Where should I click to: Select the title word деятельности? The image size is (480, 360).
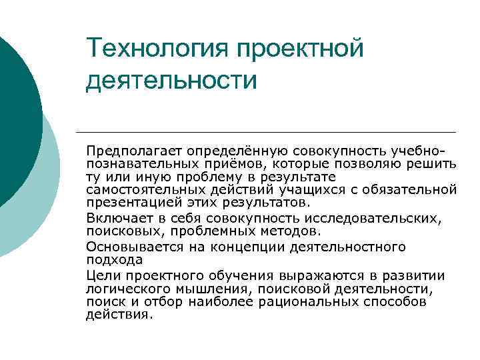point(171,80)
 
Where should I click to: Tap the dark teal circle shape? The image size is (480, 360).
point(17,120)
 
